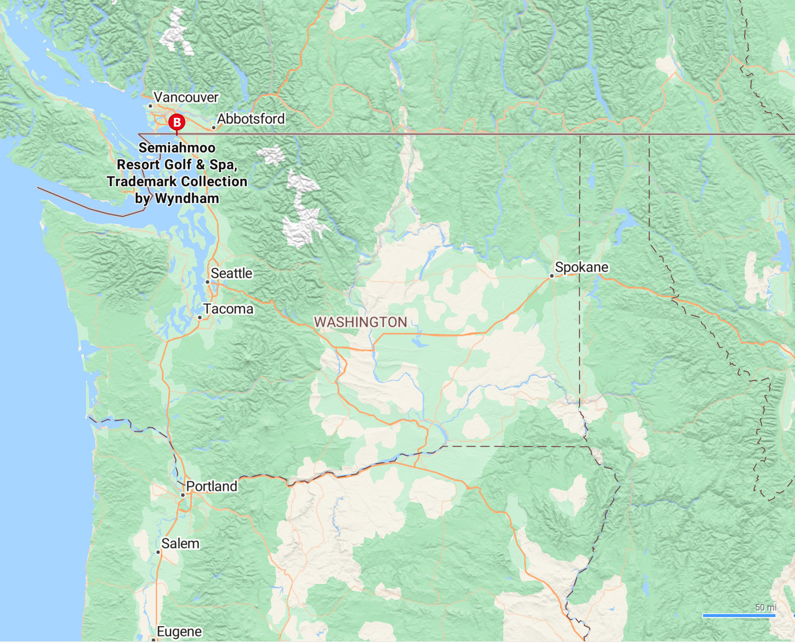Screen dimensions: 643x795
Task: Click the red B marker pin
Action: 176,122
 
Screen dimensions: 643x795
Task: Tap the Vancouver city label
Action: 186,97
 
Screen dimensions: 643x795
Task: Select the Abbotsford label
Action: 251,119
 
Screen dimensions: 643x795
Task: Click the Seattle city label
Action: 231,273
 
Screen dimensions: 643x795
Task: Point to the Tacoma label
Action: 228,309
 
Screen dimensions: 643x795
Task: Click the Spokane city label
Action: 581,267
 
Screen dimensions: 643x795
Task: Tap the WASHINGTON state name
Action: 360,322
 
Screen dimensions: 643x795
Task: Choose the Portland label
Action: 211,487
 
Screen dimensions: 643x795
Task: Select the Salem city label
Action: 180,543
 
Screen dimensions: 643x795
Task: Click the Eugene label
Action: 179,632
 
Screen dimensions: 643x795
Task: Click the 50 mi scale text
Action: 765,607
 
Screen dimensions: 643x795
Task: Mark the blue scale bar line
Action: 739,615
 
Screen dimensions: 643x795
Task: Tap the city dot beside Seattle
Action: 207,282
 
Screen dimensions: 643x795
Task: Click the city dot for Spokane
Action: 551,276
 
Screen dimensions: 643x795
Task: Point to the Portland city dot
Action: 183,495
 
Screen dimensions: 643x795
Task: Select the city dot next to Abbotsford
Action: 214,128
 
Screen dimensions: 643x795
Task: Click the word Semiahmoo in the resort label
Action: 177,148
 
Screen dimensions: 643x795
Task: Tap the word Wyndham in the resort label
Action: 187,199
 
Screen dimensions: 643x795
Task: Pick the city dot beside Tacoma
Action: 200,318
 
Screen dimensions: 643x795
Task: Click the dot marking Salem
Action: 158,552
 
